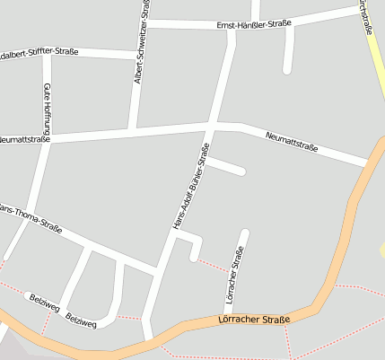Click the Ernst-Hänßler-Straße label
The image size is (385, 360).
click(253, 26)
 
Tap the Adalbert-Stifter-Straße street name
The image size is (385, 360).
click(39, 52)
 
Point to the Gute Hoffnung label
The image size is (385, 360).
click(46, 107)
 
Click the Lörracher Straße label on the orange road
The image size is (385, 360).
click(254, 320)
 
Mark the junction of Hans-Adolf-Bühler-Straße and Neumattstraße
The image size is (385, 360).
click(214, 123)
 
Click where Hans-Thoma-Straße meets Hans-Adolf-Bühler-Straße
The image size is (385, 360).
click(158, 268)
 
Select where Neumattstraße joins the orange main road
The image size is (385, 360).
click(368, 163)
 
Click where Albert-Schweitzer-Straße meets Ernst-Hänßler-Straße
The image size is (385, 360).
click(146, 23)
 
